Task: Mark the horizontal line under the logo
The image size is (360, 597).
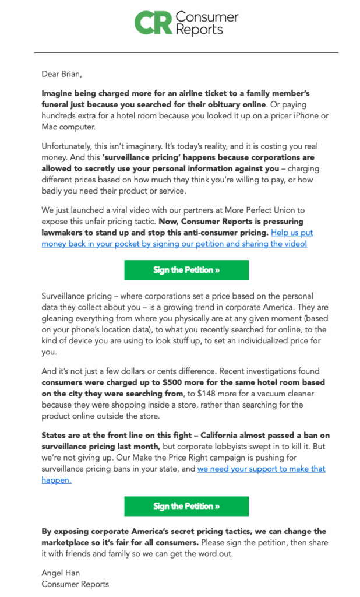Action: [186, 52]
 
